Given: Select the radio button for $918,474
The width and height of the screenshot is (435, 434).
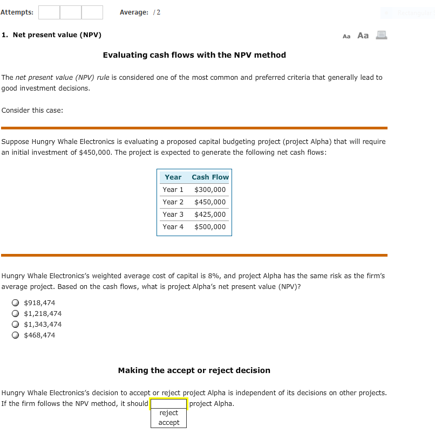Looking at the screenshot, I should click(x=17, y=303).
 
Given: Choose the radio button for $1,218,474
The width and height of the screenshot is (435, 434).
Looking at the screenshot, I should click(x=17, y=314).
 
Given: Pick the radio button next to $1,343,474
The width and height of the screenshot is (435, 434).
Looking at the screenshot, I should click(x=17, y=325).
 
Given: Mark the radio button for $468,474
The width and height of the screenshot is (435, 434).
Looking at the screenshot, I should click(x=17, y=335).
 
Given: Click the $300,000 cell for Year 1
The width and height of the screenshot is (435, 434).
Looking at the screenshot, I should click(x=210, y=190).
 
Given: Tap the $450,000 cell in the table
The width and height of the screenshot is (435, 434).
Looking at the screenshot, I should click(x=210, y=202).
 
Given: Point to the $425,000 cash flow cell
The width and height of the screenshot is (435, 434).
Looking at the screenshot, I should click(x=210, y=215).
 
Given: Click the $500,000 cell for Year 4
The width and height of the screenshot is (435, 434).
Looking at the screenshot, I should click(x=210, y=227).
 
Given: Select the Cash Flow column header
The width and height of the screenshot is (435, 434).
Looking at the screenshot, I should click(x=210, y=177).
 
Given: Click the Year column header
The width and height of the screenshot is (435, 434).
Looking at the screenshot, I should click(x=173, y=177).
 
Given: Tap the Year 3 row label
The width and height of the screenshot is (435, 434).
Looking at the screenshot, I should click(x=173, y=215).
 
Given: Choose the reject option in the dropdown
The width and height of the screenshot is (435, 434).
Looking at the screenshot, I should click(x=168, y=413).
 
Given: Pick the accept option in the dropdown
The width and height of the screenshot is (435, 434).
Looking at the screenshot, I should click(x=168, y=423).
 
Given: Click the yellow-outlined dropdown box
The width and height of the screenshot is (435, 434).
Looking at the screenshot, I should click(x=168, y=404).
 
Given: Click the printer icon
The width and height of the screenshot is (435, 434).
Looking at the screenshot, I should click(x=382, y=36).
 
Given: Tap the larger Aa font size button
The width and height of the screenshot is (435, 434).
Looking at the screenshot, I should click(x=363, y=36).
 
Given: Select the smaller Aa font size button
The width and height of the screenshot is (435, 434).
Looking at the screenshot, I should click(x=346, y=36).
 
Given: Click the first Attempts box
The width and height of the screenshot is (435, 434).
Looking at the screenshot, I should click(x=49, y=12).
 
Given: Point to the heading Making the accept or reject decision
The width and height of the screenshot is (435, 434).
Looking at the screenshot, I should click(x=194, y=370).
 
